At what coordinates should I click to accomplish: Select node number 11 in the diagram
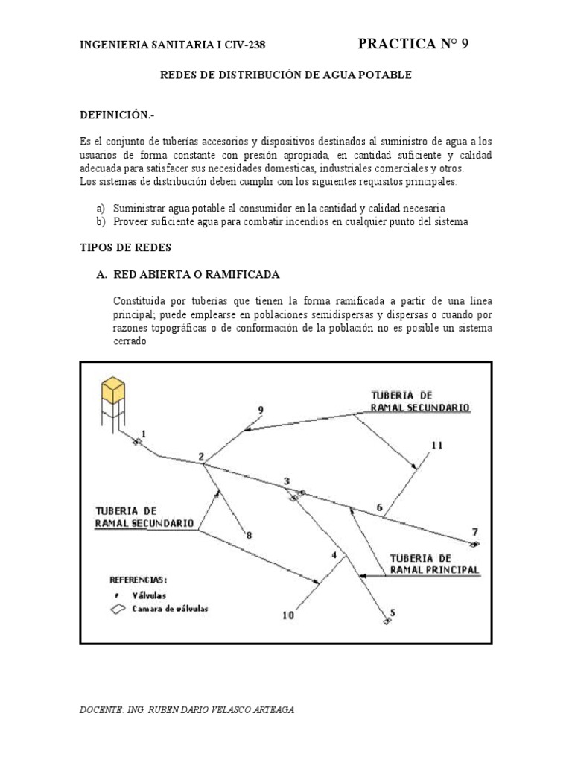(x=436, y=445)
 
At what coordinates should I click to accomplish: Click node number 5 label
(x=393, y=613)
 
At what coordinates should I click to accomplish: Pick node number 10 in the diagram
(x=288, y=615)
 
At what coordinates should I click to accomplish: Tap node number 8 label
(x=250, y=535)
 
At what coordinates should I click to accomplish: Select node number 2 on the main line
(x=200, y=456)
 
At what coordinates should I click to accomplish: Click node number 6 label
(x=379, y=508)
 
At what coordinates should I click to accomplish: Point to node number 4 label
(x=334, y=554)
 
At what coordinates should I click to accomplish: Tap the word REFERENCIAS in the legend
(x=139, y=578)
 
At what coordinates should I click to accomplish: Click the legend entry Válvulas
(x=149, y=595)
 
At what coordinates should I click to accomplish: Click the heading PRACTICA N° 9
(x=413, y=44)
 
